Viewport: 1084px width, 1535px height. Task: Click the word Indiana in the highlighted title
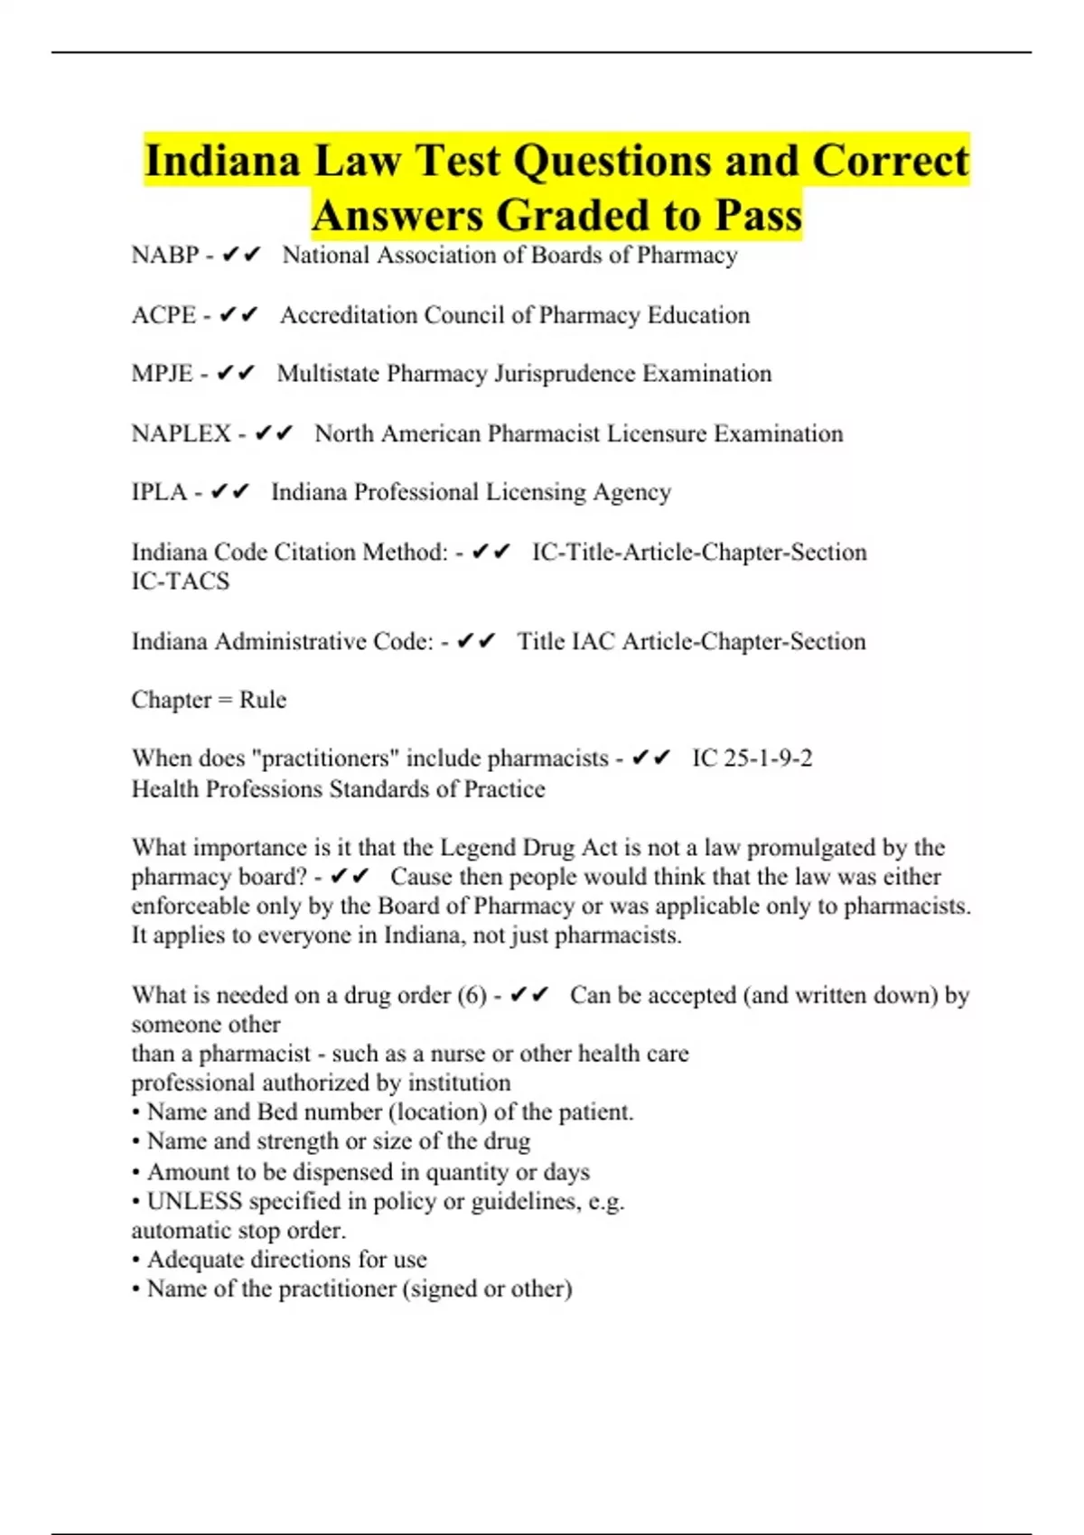(221, 162)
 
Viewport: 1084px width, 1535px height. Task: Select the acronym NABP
(164, 256)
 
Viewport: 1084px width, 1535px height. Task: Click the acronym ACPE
(164, 315)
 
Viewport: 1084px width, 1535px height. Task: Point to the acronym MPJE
(162, 374)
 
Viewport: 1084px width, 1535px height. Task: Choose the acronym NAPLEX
(181, 433)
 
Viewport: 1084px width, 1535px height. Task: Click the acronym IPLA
(159, 492)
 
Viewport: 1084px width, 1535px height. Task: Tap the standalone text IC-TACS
(181, 581)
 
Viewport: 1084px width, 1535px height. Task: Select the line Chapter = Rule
(209, 700)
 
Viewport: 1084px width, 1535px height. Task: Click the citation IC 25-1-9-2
(752, 758)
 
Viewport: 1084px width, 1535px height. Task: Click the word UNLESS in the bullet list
(194, 1202)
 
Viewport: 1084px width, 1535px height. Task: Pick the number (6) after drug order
(472, 995)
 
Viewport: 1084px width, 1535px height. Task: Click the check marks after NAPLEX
(274, 433)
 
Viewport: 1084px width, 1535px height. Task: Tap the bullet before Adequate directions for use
(135, 1261)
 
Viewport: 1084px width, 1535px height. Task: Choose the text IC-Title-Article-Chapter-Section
(699, 552)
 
